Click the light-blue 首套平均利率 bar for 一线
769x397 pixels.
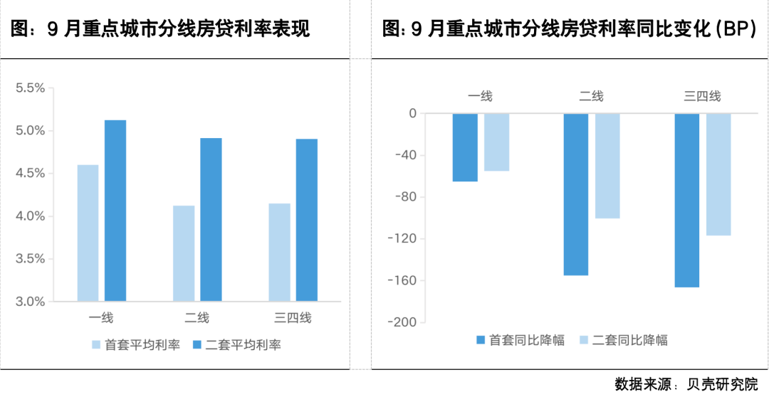(x=88, y=233)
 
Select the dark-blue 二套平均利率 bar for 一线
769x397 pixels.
(x=115, y=210)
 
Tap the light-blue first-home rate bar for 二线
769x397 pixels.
(x=184, y=253)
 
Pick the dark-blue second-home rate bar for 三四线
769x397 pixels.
(x=307, y=220)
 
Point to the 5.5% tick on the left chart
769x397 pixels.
(x=31, y=88)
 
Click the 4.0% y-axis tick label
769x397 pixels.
(x=31, y=216)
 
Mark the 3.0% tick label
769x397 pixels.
(x=31, y=302)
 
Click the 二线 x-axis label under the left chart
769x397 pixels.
(x=197, y=318)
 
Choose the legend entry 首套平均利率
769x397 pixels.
(x=135, y=345)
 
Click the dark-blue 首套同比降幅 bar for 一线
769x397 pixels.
(x=465, y=147)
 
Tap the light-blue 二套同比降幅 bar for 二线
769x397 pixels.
(x=607, y=166)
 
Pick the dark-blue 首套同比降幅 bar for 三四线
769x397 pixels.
(x=687, y=200)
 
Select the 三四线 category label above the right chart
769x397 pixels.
(x=702, y=96)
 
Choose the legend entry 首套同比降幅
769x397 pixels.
(x=520, y=340)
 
